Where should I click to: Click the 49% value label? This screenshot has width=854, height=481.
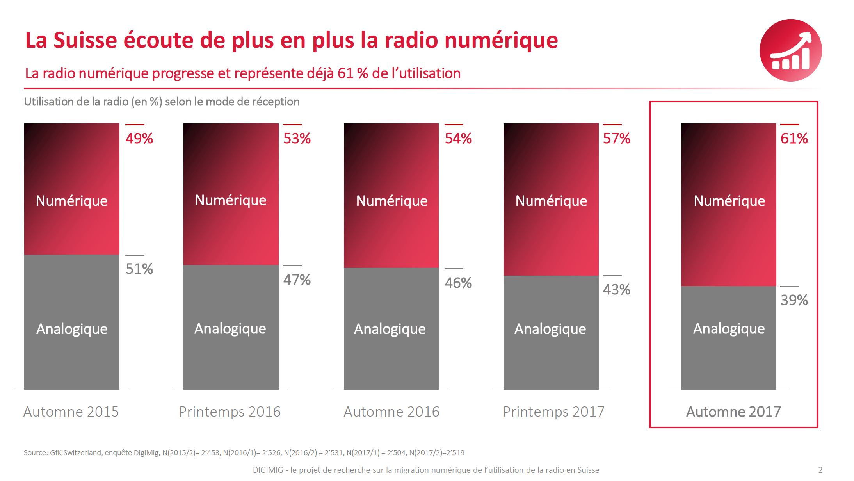pyautogui.click(x=139, y=139)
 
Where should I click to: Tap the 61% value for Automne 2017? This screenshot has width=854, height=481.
pyautogui.click(x=794, y=139)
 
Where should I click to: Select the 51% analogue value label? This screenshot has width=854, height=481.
pyautogui.click(x=139, y=269)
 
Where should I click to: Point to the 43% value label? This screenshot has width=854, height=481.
pyautogui.click(x=616, y=290)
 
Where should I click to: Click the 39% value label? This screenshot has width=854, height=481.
pyautogui.click(x=794, y=300)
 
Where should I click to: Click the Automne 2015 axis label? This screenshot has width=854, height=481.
pyautogui.click(x=71, y=412)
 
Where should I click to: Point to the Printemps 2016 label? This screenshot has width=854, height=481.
pyautogui.click(x=230, y=412)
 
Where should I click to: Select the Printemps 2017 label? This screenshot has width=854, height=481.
pyautogui.click(x=553, y=412)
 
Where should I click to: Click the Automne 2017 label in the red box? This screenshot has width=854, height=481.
pyautogui.click(x=733, y=412)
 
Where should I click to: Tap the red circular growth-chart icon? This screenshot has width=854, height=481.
pyautogui.click(x=790, y=50)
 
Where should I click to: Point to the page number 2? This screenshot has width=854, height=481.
pyautogui.click(x=820, y=470)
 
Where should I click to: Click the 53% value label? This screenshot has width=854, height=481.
pyautogui.click(x=297, y=139)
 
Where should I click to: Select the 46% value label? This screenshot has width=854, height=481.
pyautogui.click(x=458, y=283)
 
